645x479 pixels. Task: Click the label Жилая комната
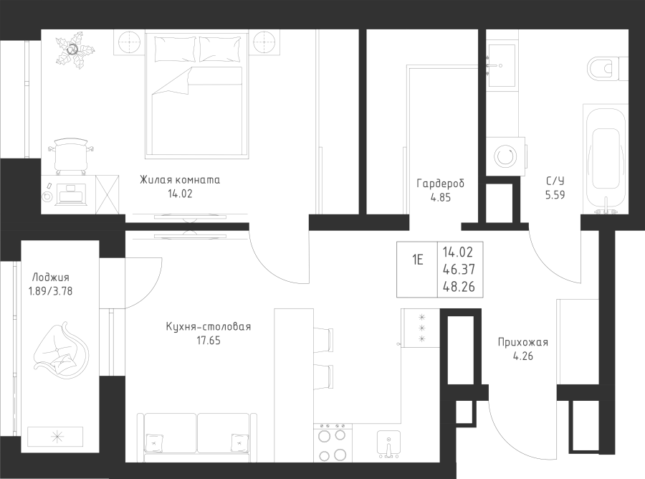[180, 180]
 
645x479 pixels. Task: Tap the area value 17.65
[208, 341]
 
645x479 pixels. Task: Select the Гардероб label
[440, 183]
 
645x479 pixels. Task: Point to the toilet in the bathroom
[608, 69]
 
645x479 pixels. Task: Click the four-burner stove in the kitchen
[333, 442]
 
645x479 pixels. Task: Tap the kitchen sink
[388, 444]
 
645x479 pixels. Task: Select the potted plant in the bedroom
[75, 49]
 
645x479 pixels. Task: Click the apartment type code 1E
[418, 260]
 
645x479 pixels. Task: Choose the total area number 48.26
[459, 286]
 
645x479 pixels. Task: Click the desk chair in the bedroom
[70, 156]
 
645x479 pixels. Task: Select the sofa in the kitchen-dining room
[196, 438]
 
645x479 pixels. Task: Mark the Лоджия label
[51, 278]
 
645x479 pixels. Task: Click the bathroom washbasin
[501, 66]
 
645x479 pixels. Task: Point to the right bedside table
[267, 42]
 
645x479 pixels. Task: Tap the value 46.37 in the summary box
[459, 269]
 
